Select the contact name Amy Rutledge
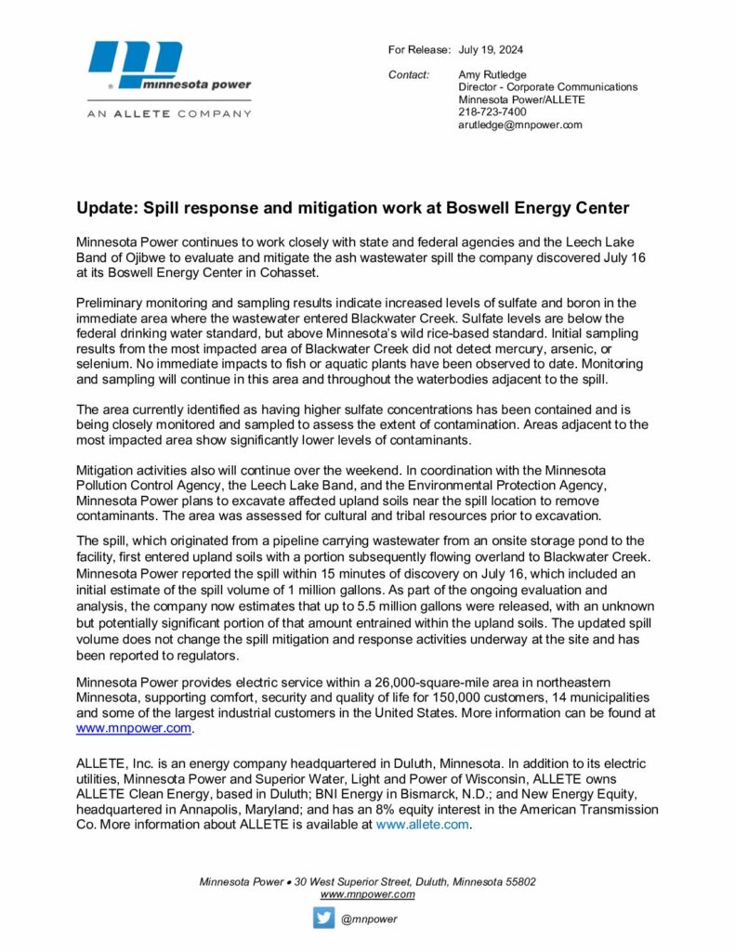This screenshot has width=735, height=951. pos(493,74)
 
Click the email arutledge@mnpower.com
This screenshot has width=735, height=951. pos(519,124)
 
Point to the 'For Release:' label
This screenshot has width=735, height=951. pos(419,49)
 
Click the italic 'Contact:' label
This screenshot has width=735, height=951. pos(409,74)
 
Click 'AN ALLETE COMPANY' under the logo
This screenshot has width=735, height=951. pos(169,113)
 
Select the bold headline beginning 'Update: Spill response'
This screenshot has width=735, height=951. pos(352,208)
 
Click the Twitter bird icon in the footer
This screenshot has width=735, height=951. pos(323,918)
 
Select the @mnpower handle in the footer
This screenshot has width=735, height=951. pos(369,919)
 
